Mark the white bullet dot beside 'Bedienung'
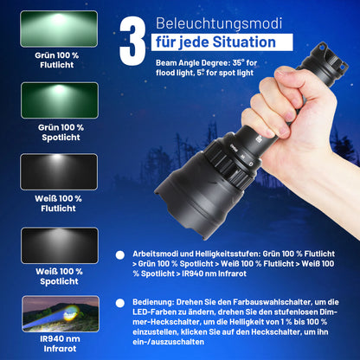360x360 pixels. coord(129,302)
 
